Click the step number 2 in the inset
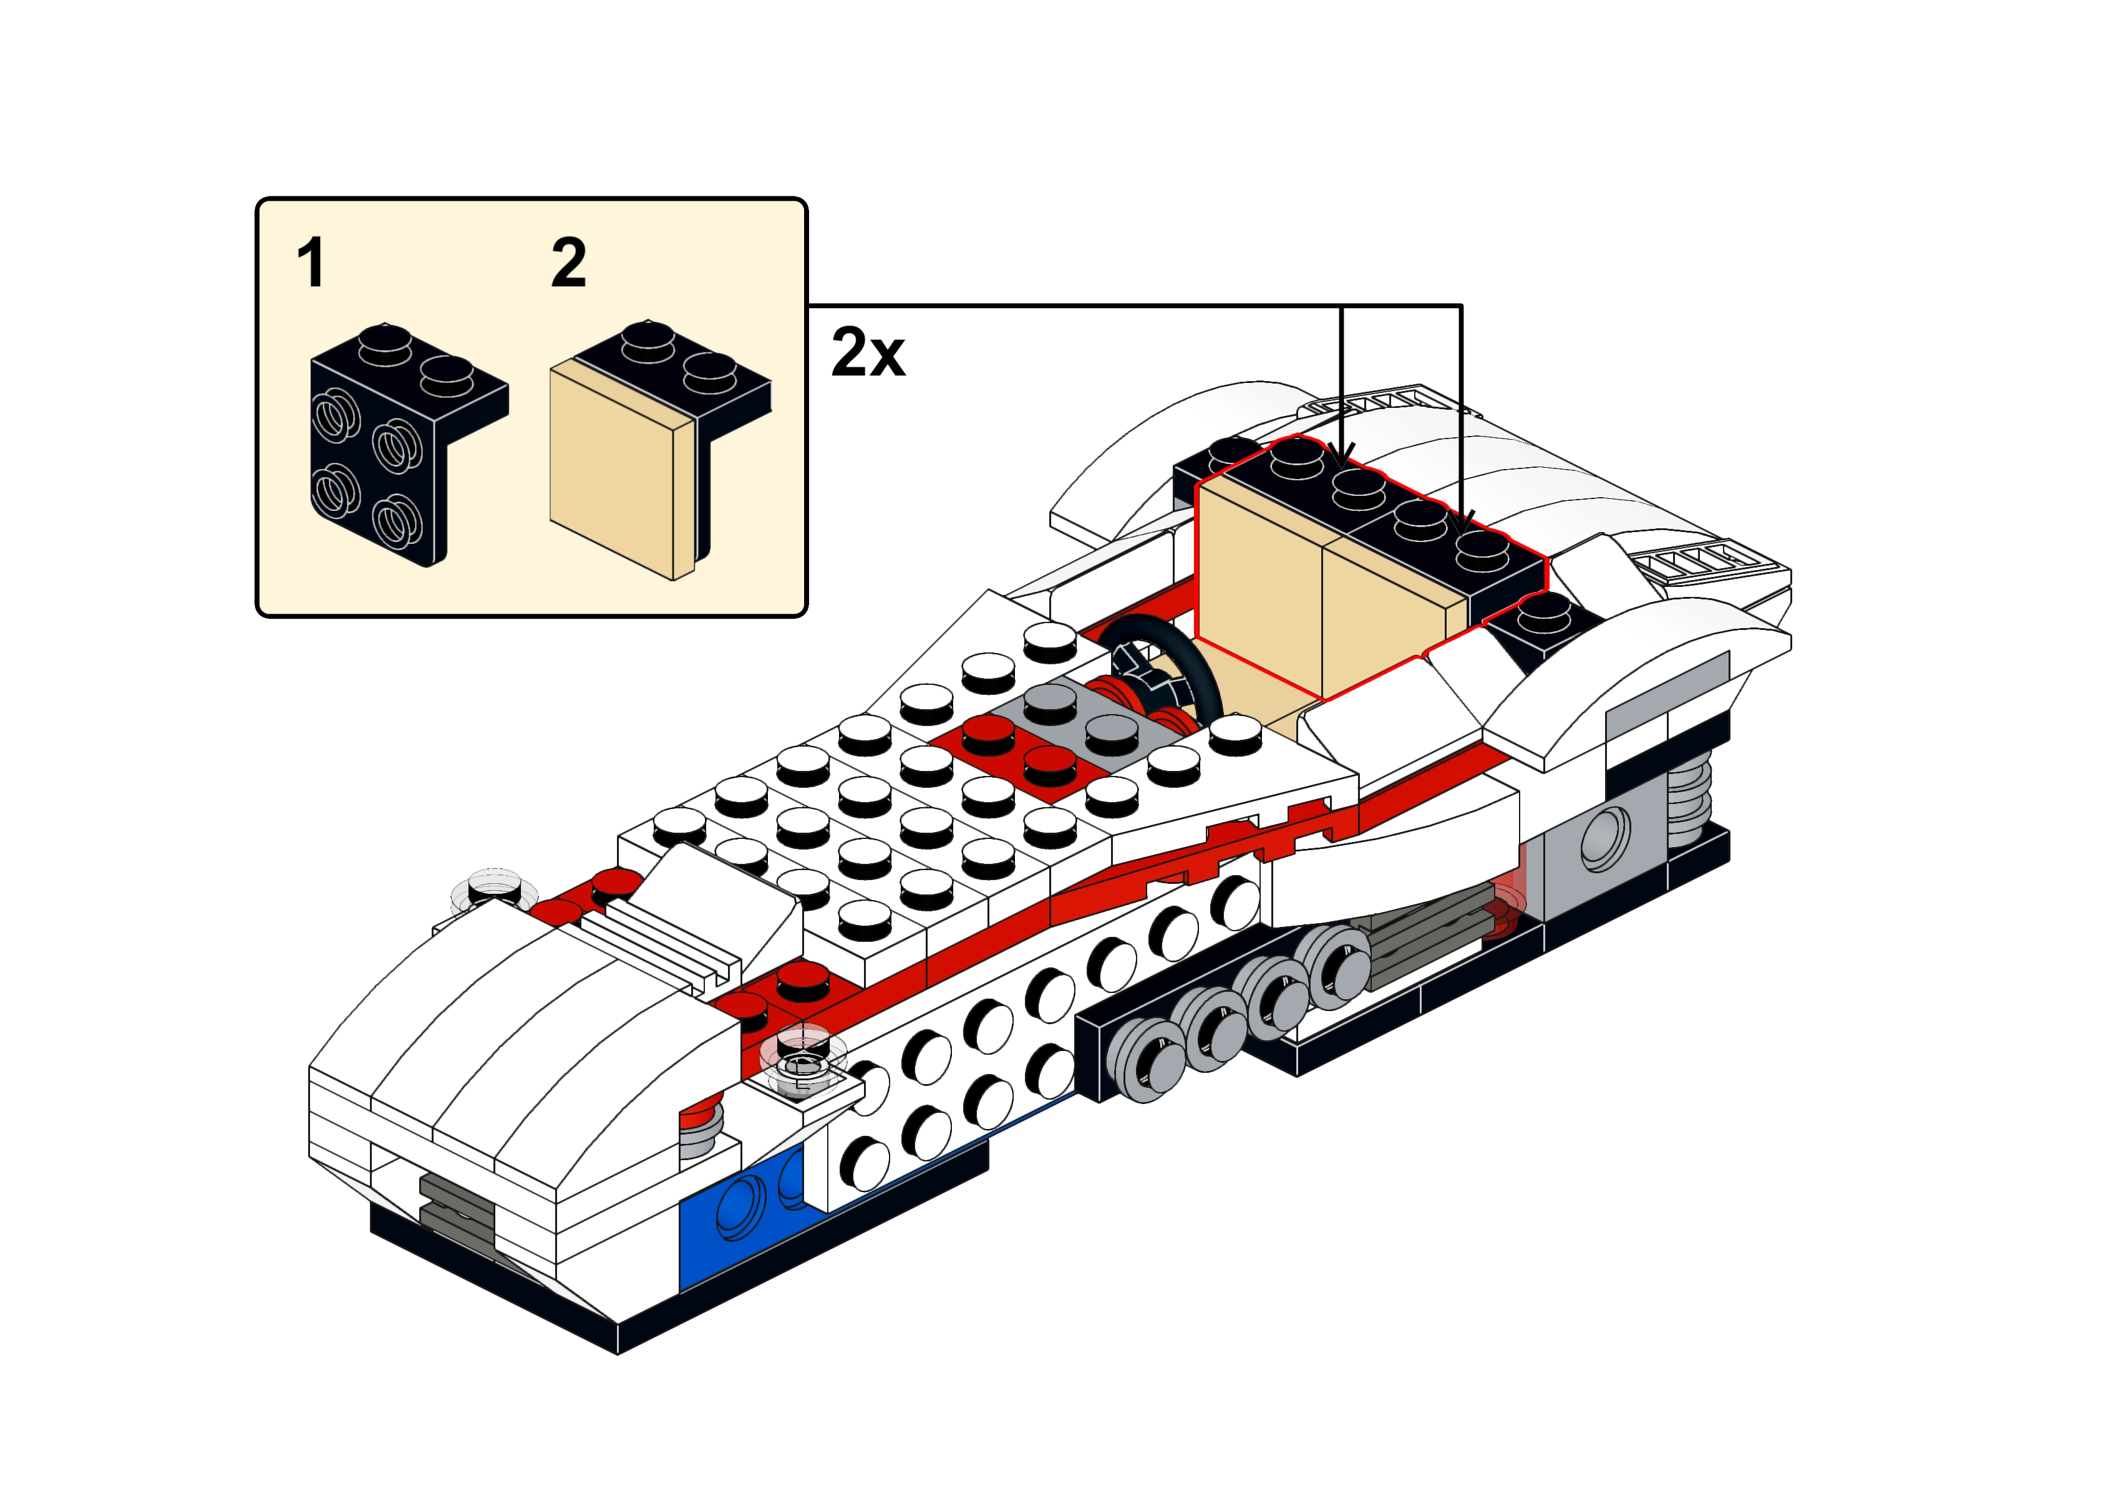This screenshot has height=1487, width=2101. [568, 263]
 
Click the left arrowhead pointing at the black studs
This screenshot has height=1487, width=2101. [1342, 454]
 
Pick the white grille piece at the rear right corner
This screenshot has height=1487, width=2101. [1703, 559]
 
